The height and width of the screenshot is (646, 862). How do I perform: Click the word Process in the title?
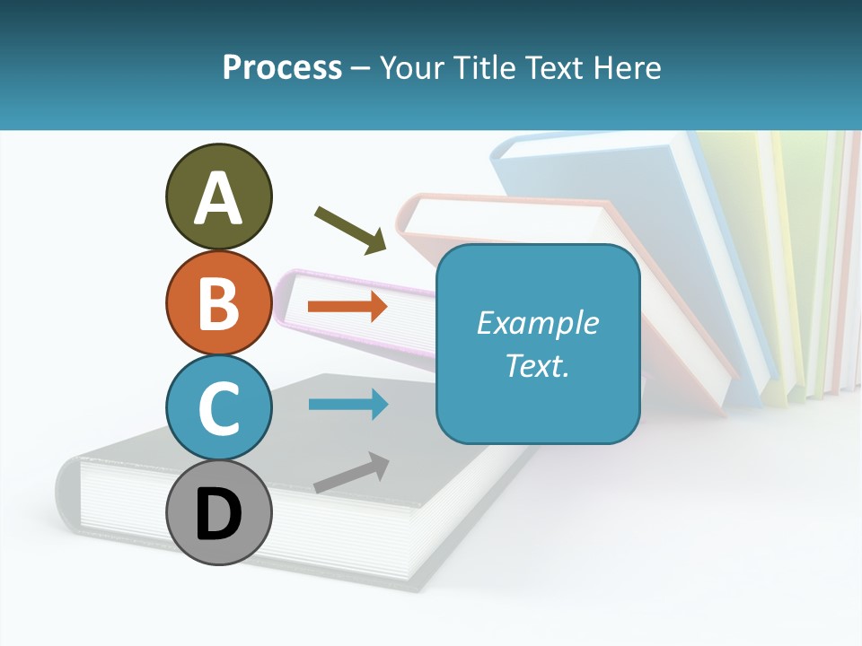coord(282,67)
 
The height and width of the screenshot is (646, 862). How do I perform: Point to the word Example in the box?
coord(537,323)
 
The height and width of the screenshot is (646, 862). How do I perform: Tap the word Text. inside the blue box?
coord(537,365)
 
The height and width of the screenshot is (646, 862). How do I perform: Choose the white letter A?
coord(218,199)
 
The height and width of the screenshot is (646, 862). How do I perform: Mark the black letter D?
coord(218,514)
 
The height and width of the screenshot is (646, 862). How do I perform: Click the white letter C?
coord(218,408)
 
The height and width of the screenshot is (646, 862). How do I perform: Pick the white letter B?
coord(218,303)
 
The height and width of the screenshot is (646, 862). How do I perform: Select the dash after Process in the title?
coord(361,68)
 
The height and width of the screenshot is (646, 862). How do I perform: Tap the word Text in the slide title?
coord(553,67)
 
